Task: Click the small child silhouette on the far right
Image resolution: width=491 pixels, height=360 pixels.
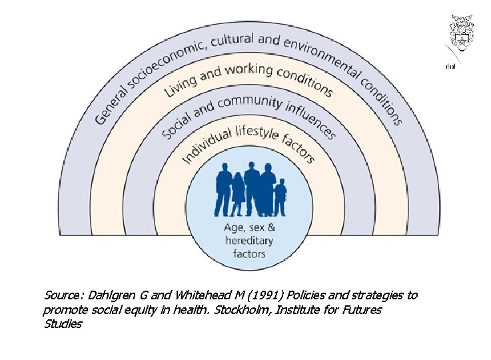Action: (280, 197)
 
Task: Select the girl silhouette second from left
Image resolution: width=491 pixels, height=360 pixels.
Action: (237, 195)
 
